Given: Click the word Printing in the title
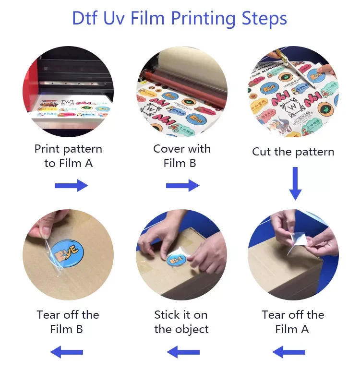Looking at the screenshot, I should tap(203, 19).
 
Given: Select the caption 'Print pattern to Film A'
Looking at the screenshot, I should tap(68, 156).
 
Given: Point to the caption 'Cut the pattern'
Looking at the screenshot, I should tap(293, 152).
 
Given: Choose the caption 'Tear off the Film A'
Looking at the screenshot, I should tap(293, 322).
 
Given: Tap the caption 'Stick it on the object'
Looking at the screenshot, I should tap(181, 322).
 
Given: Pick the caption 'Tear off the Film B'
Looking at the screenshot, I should tap(68, 322).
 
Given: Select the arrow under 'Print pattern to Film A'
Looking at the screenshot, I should tap(71, 186).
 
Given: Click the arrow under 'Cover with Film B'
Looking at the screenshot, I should tap(182, 186).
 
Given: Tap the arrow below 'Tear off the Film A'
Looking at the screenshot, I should tap(289, 353).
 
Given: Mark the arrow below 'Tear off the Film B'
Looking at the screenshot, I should tap(67, 353).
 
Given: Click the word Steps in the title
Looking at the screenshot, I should tap(263, 19).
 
